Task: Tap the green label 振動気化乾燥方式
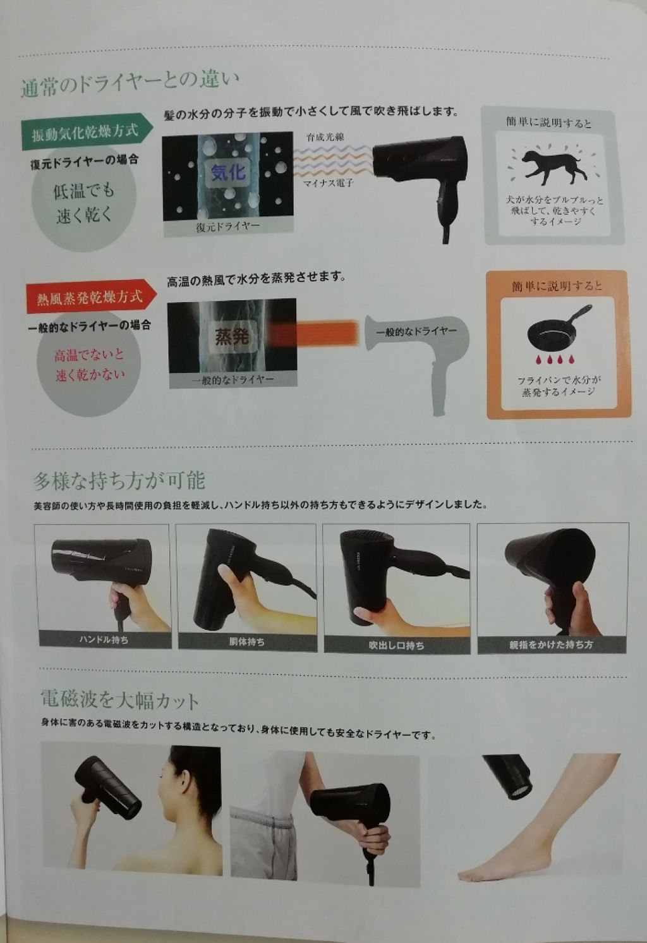click(85, 132)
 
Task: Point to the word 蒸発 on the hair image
click(232, 337)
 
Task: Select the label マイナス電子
click(327, 183)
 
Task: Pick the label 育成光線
click(325, 137)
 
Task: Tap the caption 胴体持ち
click(246, 642)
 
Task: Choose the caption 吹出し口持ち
click(396, 645)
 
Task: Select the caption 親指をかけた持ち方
click(552, 645)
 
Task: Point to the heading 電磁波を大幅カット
click(119, 700)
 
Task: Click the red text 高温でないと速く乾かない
click(89, 365)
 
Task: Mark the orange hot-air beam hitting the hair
click(316, 332)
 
